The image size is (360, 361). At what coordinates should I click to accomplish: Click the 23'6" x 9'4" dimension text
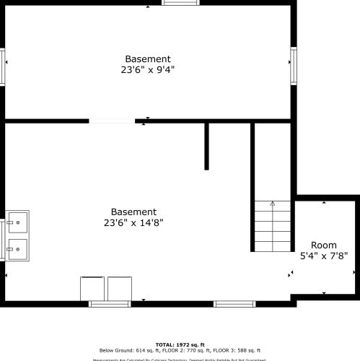(x=147, y=70)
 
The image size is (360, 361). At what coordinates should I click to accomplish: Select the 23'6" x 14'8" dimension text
(x=133, y=223)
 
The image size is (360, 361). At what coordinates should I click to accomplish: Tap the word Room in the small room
(x=324, y=245)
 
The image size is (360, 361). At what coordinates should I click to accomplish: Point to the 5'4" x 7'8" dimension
(x=324, y=256)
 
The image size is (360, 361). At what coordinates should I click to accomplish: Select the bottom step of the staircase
(x=272, y=246)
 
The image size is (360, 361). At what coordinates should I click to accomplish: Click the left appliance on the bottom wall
(x=92, y=289)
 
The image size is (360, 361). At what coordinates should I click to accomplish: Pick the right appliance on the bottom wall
(x=119, y=289)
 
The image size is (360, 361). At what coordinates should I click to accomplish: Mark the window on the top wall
(x=180, y=3)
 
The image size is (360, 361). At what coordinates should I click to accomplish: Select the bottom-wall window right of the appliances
(x=234, y=304)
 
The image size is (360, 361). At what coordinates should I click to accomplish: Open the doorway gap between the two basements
(x=112, y=121)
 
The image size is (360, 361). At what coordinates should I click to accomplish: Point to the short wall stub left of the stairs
(x=206, y=147)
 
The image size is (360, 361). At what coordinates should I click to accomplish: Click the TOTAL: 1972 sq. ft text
(x=180, y=344)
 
